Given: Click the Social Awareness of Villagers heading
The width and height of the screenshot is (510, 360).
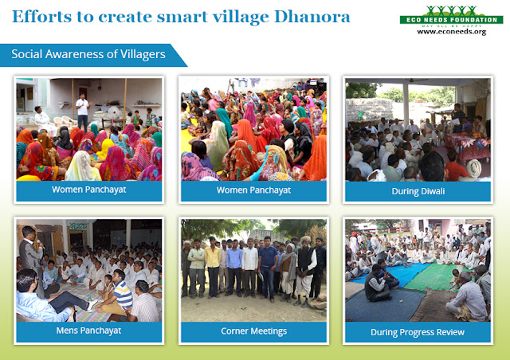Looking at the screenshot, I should [x=88, y=54].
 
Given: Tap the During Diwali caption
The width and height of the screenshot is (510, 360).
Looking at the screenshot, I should [x=417, y=190].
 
